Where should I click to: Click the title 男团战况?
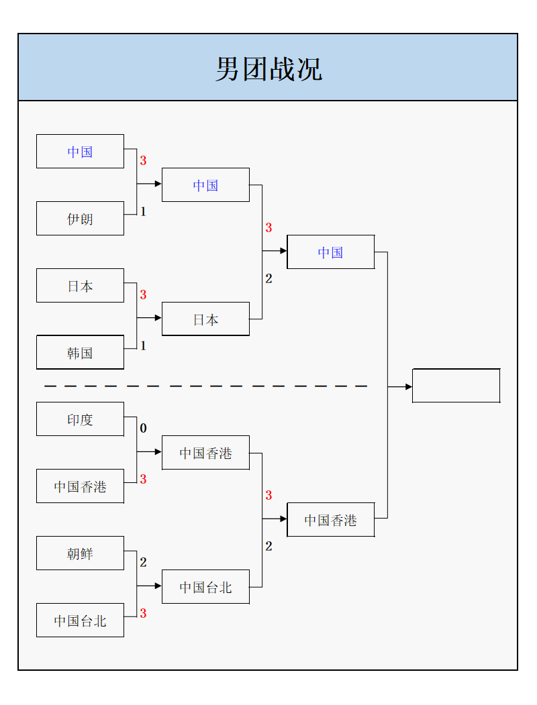click(268, 68)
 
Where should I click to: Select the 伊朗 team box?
click(80, 219)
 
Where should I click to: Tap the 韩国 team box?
click(80, 353)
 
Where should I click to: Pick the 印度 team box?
click(80, 419)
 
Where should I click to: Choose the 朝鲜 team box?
click(80, 553)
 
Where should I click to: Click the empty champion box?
click(456, 386)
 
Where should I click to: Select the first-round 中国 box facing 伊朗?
click(80, 152)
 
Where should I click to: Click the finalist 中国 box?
click(330, 252)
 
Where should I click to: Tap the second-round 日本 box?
click(205, 319)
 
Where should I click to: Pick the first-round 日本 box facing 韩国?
click(80, 286)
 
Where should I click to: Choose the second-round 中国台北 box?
click(205, 587)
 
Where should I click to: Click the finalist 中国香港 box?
click(330, 520)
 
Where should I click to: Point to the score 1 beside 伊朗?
click(143, 212)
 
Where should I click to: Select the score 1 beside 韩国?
click(143, 346)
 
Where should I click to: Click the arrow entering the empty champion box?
click(408, 387)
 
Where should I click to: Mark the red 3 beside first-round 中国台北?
click(143, 614)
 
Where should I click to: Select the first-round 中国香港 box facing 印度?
click(80, 486)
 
